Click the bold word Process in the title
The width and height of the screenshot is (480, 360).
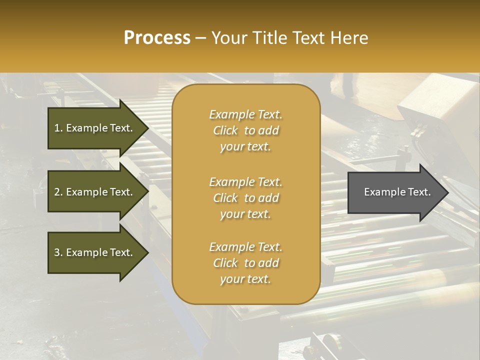[157, 38]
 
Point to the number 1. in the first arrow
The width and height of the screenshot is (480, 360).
[58, 128]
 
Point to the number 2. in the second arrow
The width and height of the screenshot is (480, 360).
[58, 192]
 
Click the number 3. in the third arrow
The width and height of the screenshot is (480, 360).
[58, 252]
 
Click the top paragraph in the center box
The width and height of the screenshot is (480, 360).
[245, 130]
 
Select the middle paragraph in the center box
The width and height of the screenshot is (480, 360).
[245, 198]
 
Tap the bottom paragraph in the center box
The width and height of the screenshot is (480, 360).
[245, 263]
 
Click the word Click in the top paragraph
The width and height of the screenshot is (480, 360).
[225, 130]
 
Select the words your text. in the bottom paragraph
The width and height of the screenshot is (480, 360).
[245, 279]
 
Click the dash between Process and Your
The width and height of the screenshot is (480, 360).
[201, 38]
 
